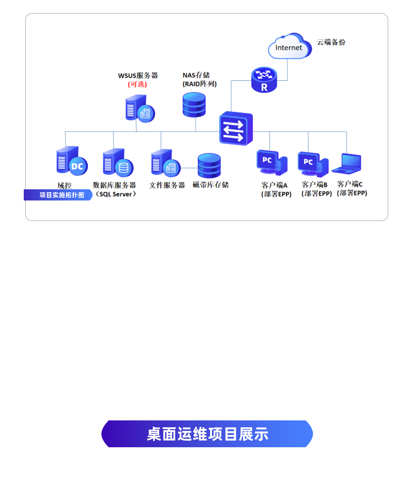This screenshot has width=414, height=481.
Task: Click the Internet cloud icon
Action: [x=289, y=47]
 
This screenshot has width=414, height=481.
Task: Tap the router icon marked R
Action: [x=264, y=80]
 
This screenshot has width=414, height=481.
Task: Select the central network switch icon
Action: [x=236, y=128]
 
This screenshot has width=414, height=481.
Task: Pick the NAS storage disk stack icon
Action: [x=194, y=104]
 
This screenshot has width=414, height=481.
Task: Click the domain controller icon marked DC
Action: [x=72, y=161]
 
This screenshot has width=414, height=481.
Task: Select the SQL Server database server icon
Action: [x=118, y=163]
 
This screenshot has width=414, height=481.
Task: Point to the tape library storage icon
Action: [x=209, y=165]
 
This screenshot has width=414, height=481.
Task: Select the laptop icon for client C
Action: [x=347, y=164]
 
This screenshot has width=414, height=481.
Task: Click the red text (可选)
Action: [x=137, y=84]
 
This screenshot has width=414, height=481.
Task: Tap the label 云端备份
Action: [x=331, y=42]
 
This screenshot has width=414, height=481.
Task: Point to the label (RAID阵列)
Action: [x=200, y=84]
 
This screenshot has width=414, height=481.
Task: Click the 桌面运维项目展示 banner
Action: [x=207, y=434]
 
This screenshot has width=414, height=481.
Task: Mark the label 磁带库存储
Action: [x=210, y=185]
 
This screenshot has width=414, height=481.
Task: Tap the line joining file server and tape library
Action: [x=189, y=168]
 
